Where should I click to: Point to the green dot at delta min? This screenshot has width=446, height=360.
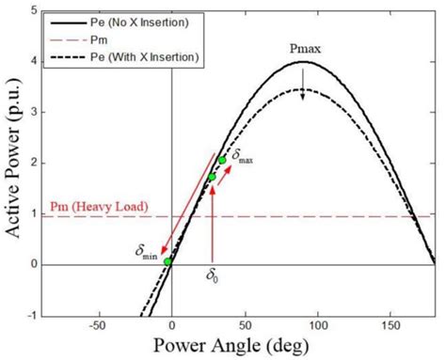coord(167,262)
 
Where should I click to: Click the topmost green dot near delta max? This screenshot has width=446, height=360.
coord(223,160)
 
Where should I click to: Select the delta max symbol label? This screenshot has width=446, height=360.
coord(242,154)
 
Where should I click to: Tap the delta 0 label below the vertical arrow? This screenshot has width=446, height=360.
coord(214,277)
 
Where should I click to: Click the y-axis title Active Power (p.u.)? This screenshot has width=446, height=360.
coord(16,165)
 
